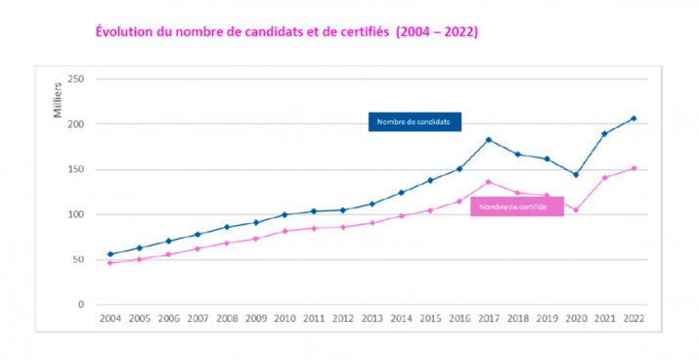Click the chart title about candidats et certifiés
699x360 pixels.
pyautogui.click(x=286, y=31)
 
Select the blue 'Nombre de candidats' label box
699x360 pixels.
pyautogui.click(x=415, y=122)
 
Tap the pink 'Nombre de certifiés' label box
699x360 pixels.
pyautogui.click(x=516, y=206)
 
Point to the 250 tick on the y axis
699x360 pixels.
pyautogui.click(x=75, y=79)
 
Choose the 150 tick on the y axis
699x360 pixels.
pyautogui.click(x=75, y=169)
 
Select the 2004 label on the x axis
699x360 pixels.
pyautogui.click(x=110, y=319)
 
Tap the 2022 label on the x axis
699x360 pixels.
pyautogui.click(x=633, y=319)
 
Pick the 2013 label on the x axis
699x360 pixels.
pyautogui.click(x=371, y=319)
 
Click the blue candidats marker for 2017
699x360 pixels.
pyautogui.click(x=488, y=140)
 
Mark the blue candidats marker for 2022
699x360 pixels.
pyautogui.click(x=633, y=118)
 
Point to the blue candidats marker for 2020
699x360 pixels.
pyautogui.click(x=575, y=174)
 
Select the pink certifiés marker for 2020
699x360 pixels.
pyautogui.click(x=575, y=209)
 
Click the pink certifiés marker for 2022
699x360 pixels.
pyautogui.click(x=633, y=168)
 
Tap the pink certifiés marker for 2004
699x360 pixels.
pyautogui.click(x=110, y=262)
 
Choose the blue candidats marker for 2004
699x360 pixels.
pyautogui.click(x=110, y=254)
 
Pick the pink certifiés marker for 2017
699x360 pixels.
pyautogui.click(x=488, y=182)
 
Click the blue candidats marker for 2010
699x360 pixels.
pyautogui.click(x=284, y=214)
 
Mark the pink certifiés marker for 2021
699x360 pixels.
pyautogui.click(x=604, y=177)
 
